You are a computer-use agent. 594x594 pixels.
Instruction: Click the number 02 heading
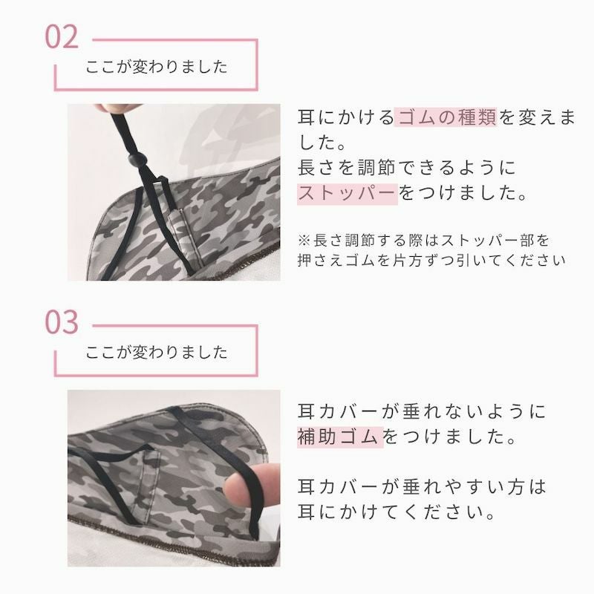tap(62, 37)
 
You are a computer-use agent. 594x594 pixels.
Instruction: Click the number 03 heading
tap(62, 322)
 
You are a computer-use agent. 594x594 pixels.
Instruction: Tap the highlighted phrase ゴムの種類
tap(446, 117)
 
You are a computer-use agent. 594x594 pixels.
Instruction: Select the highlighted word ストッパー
tap(347, 194)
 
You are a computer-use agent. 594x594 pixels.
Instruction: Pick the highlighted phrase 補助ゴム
tap(340, 437)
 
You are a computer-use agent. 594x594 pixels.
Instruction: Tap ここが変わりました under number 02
tap(157, 67)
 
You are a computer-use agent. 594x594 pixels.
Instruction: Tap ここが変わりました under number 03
tap(157, 352)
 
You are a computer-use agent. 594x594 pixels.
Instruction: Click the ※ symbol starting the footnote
tap(304, 240)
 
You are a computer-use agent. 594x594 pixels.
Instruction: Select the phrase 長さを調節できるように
tap(407, 168)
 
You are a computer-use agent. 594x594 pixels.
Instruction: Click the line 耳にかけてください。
tap(396, 512)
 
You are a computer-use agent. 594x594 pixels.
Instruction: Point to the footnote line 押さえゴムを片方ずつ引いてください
tap(431, 261)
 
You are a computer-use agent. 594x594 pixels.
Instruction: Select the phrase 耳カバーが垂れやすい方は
tap(422, 487)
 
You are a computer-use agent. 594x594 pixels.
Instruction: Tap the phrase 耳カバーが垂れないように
tap(422, 412)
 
